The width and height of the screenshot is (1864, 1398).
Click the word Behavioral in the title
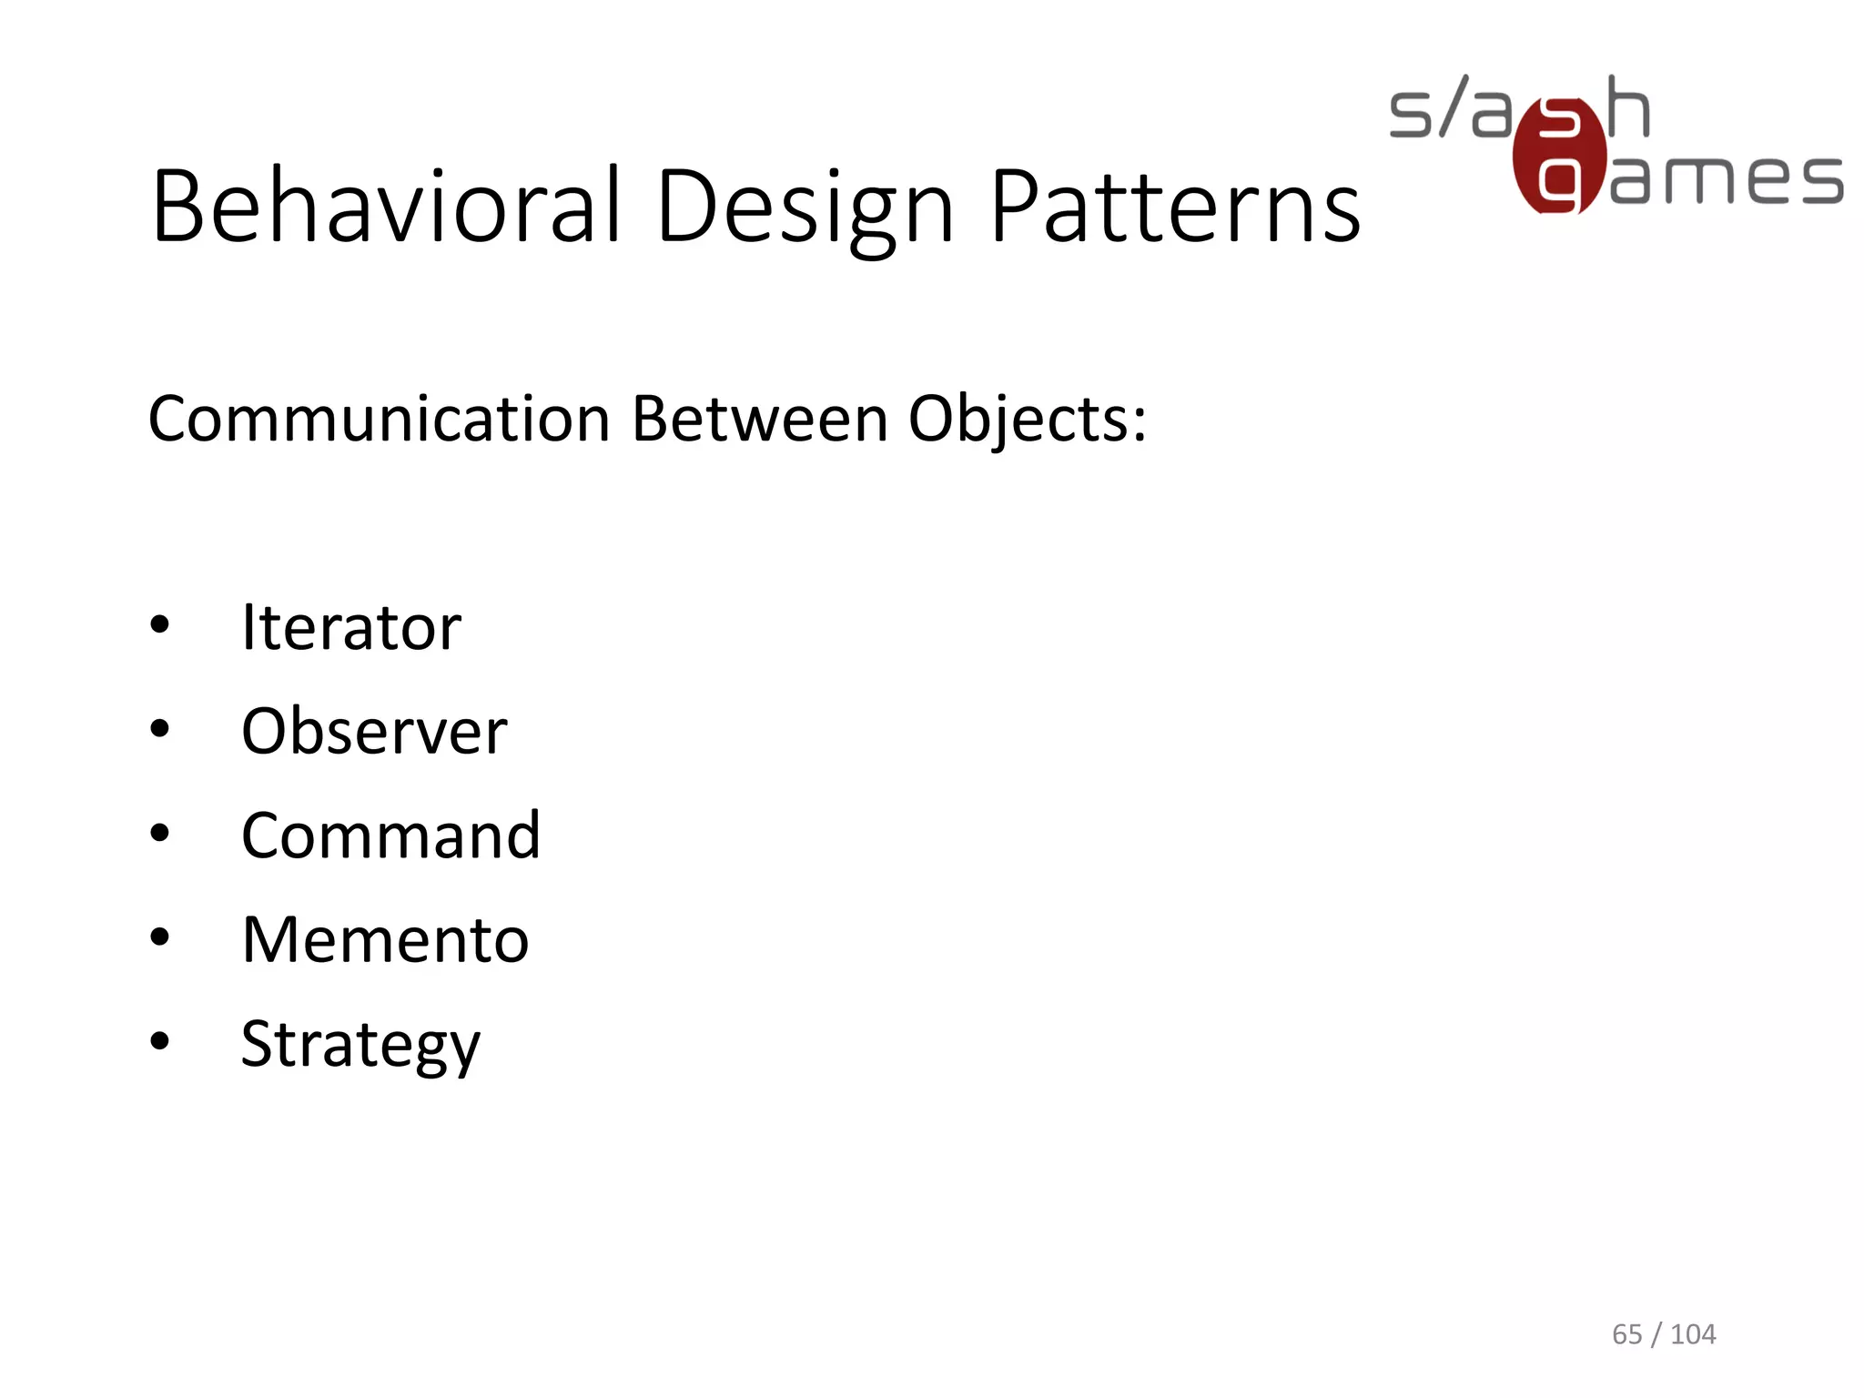387,207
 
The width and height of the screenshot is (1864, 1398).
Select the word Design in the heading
805,207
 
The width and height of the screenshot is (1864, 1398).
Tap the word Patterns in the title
1175,207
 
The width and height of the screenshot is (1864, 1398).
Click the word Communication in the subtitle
379,420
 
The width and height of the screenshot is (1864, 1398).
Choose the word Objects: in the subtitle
1028,421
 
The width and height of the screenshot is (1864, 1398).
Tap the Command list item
390,836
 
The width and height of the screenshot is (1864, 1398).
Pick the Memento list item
384,939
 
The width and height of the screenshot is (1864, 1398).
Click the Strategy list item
360,1045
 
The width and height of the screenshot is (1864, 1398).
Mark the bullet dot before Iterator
160,625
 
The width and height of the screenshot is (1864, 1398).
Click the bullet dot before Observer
160,729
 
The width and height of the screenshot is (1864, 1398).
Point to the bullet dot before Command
160,834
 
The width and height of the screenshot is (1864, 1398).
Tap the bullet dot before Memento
160,937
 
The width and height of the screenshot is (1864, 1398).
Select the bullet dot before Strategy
160,1041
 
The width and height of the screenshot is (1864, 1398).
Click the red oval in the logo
1559,156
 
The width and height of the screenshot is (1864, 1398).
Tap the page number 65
1626,1334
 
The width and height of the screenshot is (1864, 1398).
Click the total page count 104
1693,1334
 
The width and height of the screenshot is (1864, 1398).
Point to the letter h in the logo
1628,107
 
